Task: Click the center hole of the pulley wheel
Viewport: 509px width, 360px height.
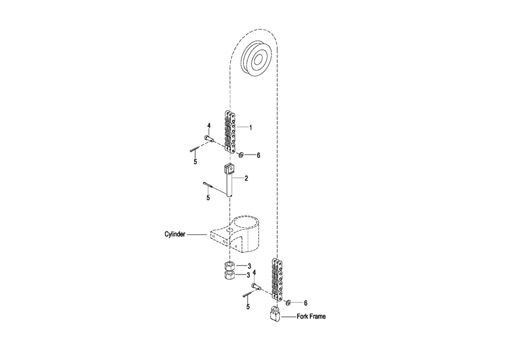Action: [258, 61]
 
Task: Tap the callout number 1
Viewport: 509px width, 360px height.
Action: [251, 128]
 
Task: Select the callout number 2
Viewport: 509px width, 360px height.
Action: [247, 178]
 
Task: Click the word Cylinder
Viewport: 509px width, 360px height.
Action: [175, 234]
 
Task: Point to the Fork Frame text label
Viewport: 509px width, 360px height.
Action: [311, 316]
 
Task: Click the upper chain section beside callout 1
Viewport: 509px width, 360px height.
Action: [230, 131]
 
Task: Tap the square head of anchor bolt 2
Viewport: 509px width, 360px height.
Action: [229, 169]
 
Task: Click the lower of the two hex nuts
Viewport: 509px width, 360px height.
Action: [230, 275]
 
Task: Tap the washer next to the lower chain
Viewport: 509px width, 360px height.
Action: [288, 303]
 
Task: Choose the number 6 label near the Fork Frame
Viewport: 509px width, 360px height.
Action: [305, 303]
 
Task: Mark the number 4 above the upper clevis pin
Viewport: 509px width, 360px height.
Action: [209, 126]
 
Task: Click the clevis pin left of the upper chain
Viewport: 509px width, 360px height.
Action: [209, 139]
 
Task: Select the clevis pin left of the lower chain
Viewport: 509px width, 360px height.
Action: [257, 286]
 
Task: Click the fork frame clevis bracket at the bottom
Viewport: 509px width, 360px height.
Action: [275, 314]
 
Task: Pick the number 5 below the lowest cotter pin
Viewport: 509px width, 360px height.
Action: [248, 307]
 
